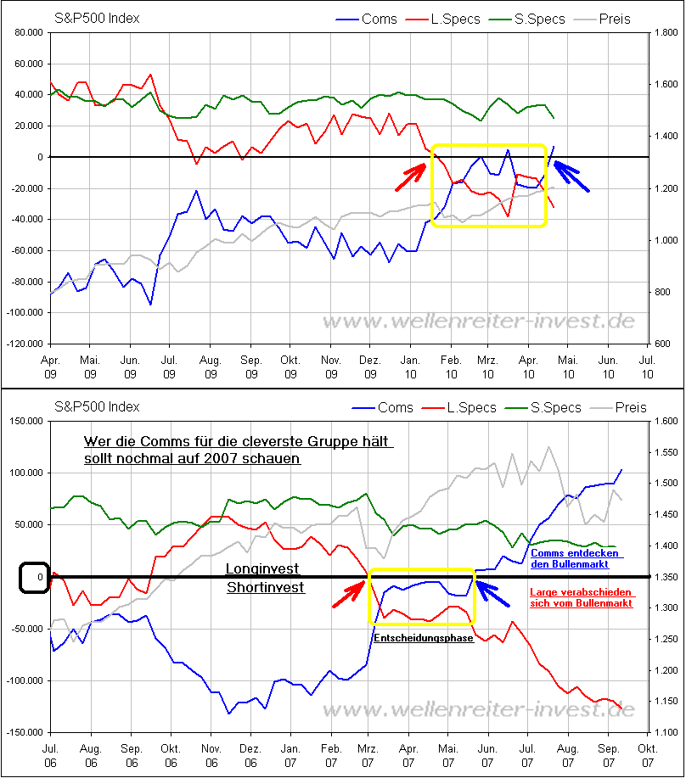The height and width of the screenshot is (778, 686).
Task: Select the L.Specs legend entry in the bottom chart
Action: [458, 407]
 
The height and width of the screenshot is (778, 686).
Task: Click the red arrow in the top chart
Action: [413, 176]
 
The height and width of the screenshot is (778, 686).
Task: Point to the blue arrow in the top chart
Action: [571, 176]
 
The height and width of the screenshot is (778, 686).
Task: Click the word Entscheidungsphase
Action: [423, 637]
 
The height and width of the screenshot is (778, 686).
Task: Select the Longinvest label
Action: [253, 569]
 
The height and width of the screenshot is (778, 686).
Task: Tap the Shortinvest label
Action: [255, 586]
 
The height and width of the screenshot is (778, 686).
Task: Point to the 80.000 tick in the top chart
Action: [29, 32]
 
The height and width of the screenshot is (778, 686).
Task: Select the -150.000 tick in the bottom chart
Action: [25, 732]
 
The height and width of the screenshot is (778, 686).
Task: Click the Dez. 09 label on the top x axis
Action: [370, 367]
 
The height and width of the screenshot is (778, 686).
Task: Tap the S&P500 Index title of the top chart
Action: [97, 18]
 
